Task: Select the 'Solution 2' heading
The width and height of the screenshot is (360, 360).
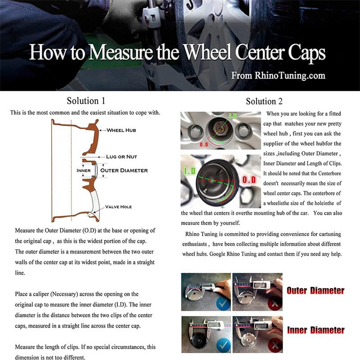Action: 265,101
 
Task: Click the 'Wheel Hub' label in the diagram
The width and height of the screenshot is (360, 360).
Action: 121,130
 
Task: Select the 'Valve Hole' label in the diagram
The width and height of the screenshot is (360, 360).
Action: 119,207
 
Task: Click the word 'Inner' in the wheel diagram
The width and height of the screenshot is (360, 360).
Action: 84,171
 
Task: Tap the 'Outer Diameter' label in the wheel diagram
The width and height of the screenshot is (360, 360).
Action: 124,171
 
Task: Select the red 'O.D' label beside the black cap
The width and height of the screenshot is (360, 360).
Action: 249,180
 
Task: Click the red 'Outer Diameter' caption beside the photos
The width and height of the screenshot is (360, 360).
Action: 315,291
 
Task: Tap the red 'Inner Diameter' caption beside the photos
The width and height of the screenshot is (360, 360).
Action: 315,331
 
